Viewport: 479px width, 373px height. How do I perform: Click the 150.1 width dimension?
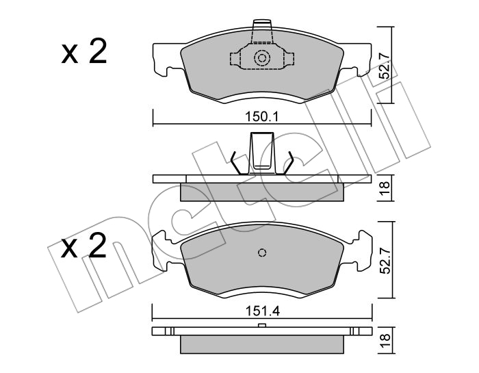(262, 116)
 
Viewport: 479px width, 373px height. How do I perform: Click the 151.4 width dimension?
(262, 311)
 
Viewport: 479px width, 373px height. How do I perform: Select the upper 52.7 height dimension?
(385, 66)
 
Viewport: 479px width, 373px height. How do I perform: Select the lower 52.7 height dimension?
(386, 260)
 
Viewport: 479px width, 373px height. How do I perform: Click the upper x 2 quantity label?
(84, 52)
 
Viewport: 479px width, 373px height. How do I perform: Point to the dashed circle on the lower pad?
(262, 253)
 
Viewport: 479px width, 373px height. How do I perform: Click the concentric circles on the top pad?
(262, 58)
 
